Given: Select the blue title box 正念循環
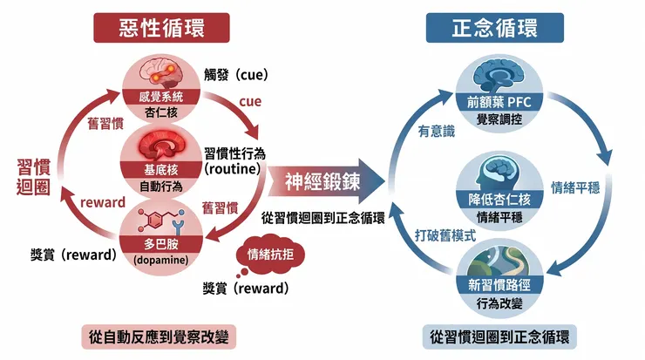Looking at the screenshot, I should [x=482, y=28].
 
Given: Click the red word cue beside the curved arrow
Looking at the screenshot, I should [x=250, y=102].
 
